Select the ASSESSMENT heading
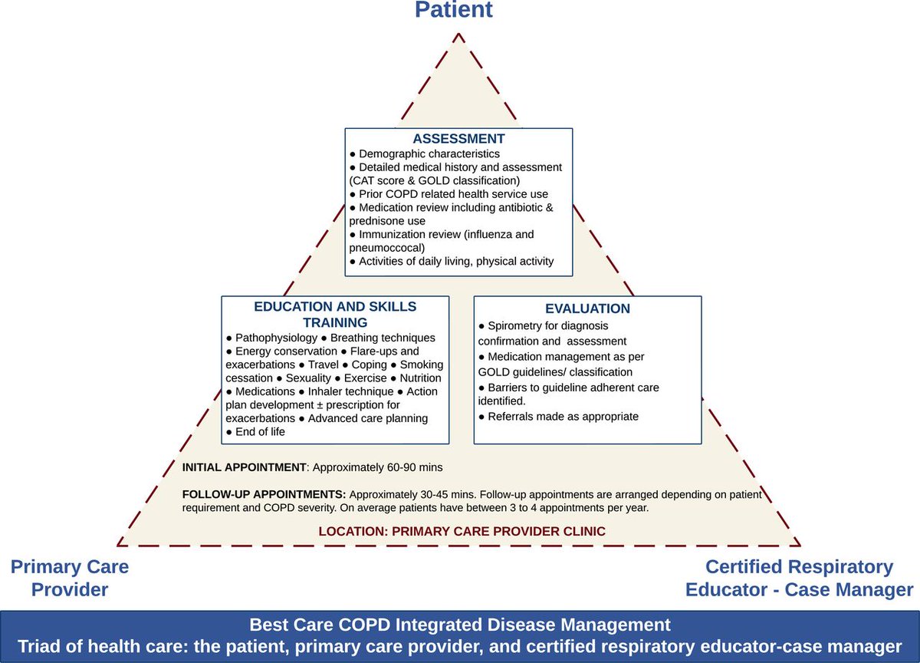coord(458,139)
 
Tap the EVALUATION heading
coord(587,308)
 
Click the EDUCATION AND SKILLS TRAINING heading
coord(335,314)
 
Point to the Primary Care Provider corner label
coord(70,578)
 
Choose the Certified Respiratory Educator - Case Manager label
coord(800,578)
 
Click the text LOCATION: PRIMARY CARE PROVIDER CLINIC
coord(462,531)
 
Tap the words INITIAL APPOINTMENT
coord(244,467)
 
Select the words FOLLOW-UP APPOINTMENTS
coord(264,494)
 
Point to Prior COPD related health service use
coord(453,194)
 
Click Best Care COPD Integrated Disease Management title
coord(460,624)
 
